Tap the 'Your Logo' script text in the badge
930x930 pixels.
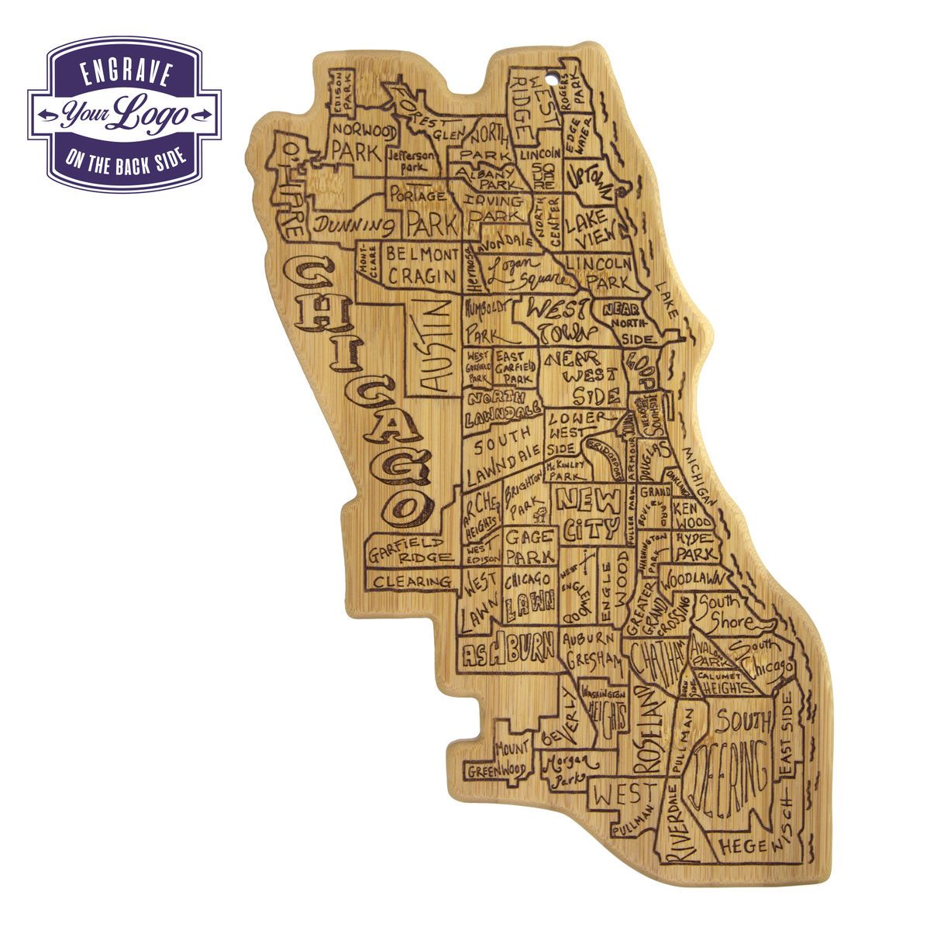[124, 114]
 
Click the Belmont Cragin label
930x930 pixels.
[422, 264]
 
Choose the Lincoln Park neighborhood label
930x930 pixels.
[598, 272]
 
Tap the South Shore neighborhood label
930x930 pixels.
[725, 612]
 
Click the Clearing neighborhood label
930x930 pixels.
[412, 581]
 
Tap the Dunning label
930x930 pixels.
[354, 226]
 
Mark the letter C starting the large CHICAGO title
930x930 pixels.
[309, 277]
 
